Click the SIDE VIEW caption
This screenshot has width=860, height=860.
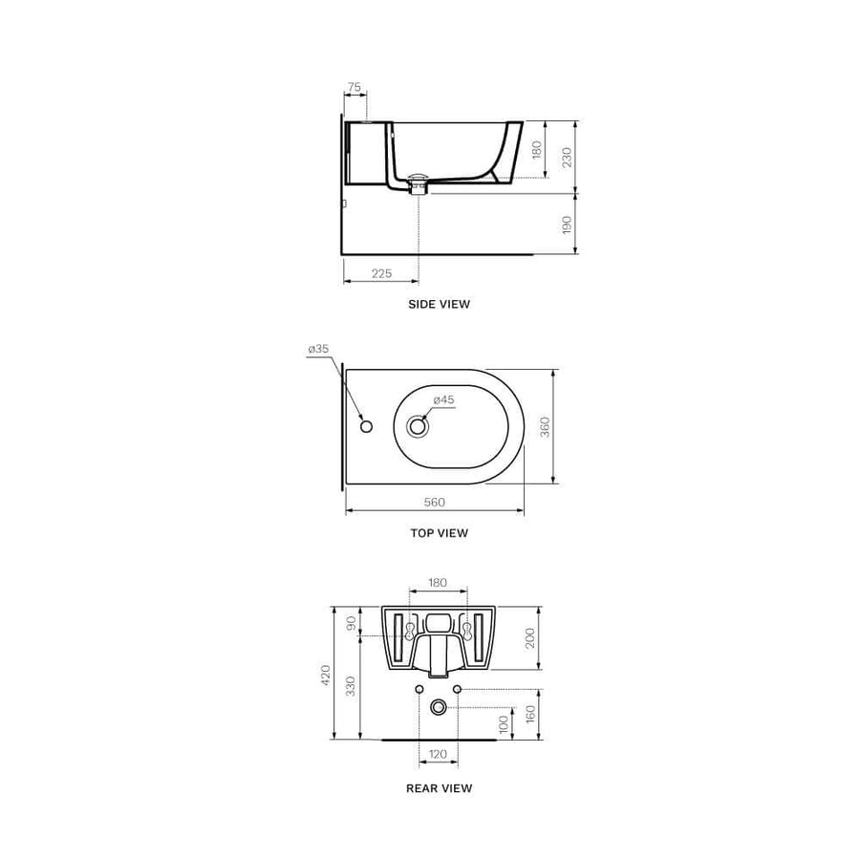(x=439, y=304)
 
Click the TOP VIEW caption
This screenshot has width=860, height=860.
(x=439, y=533)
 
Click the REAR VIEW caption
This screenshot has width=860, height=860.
(x=439, y=788)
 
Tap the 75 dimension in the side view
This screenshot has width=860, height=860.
(x=355, y=87)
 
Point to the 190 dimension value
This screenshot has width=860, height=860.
(x=567, y=225)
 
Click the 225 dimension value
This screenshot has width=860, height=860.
(x=381, y=273)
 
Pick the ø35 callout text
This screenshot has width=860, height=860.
(x=318, y=350)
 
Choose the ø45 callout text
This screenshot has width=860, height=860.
(x=442, y=399)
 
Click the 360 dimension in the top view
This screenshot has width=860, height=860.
(x=546, y=426)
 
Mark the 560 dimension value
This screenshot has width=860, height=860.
(x=435, y=503)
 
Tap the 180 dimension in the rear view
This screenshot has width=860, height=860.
(x=438, y=582)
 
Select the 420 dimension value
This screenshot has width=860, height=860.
(x=325, y=676)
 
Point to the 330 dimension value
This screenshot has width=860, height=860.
(x=351, y=685)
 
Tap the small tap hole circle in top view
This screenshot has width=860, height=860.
(x=365, y=425)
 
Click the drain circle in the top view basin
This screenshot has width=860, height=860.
(x=417, y=426)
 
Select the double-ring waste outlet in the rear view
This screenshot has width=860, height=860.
(x=438, y=707)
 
